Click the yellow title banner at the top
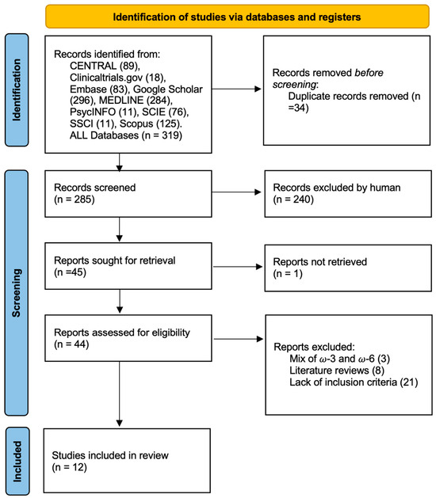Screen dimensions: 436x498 237,17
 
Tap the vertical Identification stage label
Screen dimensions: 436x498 17,90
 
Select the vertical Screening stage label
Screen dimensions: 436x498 17,293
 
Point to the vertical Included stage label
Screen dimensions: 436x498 17,461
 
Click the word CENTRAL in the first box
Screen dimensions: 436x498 94,66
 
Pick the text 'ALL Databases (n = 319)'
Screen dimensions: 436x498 126,135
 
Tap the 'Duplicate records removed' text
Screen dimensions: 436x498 348,96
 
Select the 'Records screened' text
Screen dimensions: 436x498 95,188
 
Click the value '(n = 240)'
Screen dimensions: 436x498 293,200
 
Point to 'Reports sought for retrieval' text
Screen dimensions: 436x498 114,260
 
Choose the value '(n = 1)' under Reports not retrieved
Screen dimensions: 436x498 288,273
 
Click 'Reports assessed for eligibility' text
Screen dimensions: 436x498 122,333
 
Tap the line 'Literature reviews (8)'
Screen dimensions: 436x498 337,371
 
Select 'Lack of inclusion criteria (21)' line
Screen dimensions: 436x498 354,382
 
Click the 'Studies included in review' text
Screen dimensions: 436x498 110,455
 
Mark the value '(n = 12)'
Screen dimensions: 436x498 69,467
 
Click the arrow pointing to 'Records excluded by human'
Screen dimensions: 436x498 236,192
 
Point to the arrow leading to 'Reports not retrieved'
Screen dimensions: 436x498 238,267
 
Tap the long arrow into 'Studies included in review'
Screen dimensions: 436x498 119,393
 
